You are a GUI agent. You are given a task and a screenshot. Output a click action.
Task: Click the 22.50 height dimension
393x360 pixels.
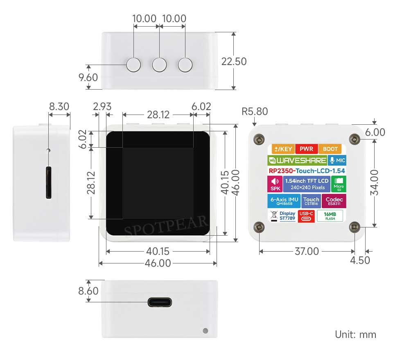pos(234,61)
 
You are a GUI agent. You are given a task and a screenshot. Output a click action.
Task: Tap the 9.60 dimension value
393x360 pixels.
pos(88,77)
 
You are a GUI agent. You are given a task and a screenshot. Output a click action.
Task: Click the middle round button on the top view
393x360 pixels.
pos(159,65)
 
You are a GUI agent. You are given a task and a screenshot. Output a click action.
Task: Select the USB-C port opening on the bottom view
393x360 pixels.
pos(160,302)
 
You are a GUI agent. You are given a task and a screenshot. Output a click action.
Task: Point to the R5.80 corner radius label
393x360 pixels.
pos(255,112)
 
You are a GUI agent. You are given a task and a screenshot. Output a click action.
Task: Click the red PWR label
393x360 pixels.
pos(306,149)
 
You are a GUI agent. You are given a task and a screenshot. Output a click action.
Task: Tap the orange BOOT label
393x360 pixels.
pos(330,149)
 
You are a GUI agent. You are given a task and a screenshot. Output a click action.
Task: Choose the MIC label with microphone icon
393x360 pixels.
pos(337,160)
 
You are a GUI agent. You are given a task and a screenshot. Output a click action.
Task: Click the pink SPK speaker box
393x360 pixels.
pos(275,184)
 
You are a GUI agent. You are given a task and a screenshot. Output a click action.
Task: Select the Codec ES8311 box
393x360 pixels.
pos(334,201)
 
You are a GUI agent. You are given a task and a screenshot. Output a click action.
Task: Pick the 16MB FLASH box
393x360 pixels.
pos(330,216)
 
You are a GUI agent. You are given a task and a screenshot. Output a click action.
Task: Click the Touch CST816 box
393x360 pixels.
pos(311,201)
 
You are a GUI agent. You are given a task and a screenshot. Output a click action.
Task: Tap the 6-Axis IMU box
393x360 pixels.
pos(284,201)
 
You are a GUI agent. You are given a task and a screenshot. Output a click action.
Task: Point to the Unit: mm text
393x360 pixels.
pos(355,335)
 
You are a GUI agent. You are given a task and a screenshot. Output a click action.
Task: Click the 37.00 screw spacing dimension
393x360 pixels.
pos(307,251)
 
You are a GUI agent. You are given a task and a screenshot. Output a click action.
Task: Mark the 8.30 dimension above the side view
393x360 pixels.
pos(59,106)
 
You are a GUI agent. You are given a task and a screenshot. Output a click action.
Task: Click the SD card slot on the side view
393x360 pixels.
pos(49,182)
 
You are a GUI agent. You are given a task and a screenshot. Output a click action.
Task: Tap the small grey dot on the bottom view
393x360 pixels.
pos(205,331)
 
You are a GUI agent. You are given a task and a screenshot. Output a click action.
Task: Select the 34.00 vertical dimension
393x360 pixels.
pos(374,182)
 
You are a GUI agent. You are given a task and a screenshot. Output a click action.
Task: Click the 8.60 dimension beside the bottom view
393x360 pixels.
pos(88,291)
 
